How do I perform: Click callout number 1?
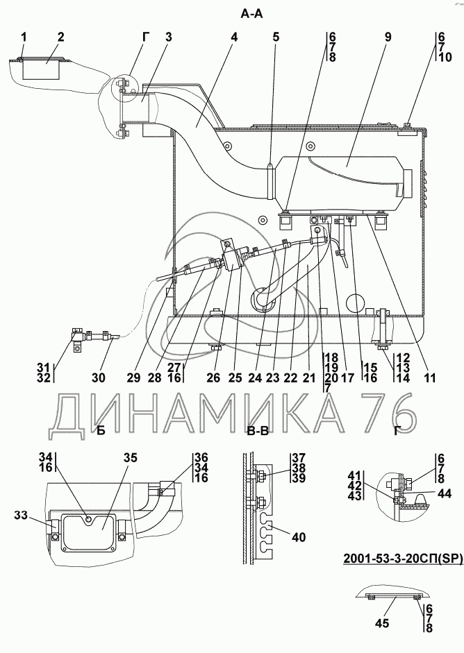pyautogui.click(x=24, y=37)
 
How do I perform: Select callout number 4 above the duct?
pyautogui.click(x=234, y=37)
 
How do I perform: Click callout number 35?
pyautogui.click(x=131, y=458)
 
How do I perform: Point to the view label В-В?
pyautogui.click(x=258, y=431)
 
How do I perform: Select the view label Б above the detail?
pyautogui.click(x=101, y=431)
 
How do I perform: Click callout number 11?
pyautogui.click(x=430, y=378)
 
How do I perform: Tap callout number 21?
pyautogui.click(x=310, y=378)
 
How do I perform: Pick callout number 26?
pyautogui.click(x=213, y=378)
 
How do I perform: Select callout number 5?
pyautogui.click(x=276, y=37)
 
